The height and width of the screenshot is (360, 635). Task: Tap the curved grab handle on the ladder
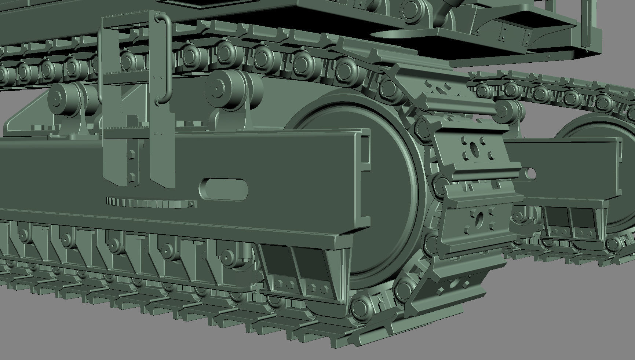[x=165, y=59]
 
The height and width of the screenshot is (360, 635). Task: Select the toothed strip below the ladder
[x=150, y=202]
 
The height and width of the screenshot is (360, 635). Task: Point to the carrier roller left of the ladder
[x=66, y=97]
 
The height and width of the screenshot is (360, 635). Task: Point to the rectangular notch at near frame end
[x=365, y=154]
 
